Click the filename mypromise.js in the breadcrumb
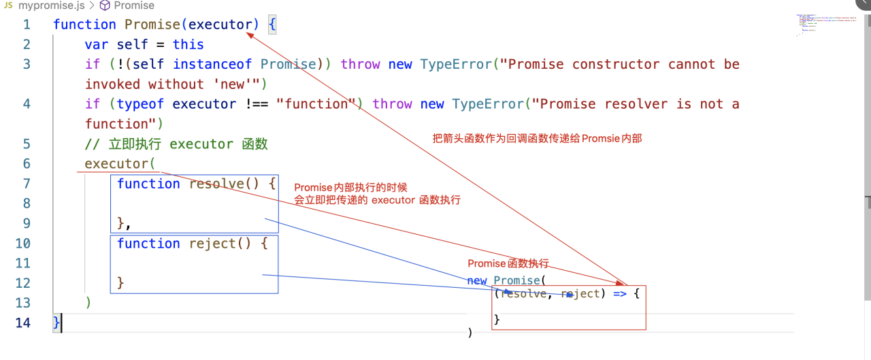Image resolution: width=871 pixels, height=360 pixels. pyautogui.click(x=51, y=5)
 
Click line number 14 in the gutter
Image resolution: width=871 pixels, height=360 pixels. pyautogui.click(x=23, y=323)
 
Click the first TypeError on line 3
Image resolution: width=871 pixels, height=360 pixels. pyautogui.click(x=456, y=64)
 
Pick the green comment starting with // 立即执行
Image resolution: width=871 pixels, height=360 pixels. pyautogui.click(x=176, y=144)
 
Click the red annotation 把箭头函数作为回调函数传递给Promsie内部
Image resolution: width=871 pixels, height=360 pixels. pyautogui.click(x=537, y=138)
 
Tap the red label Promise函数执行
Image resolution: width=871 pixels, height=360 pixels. pyautogui.click(x=508, y=264)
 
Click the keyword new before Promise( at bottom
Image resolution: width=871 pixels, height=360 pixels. pyautogui.click(x=477, y=280)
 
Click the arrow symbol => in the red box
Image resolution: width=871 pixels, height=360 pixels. pyautogui.click(x=615, y=294)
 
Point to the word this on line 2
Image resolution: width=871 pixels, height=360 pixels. pyautogui.click(x=188, y=44)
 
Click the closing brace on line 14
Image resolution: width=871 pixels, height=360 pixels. pyautogui.click(x=56, y=323)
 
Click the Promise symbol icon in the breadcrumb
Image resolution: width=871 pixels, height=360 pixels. pyautogui.click(x=105, y=5)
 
